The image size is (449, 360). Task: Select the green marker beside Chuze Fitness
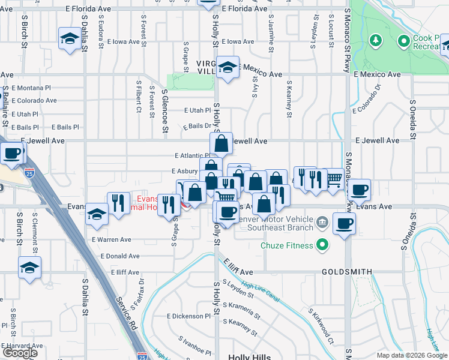[x=322, y=245]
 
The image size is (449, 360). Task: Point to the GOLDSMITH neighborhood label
[x=348, y=271]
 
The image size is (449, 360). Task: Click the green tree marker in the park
[x=376, y=41]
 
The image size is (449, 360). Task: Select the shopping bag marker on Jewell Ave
[x=221, y=143]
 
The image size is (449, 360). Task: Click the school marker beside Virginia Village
[x=228, y=68]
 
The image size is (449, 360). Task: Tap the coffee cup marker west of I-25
[x=11, y=154]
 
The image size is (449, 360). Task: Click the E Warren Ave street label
[x=112, y=239]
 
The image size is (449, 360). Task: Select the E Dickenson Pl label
[x=188, y=316]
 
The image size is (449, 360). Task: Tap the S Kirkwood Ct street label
[x=321, y=328]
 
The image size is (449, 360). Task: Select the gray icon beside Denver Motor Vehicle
[x=322, y=223]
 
